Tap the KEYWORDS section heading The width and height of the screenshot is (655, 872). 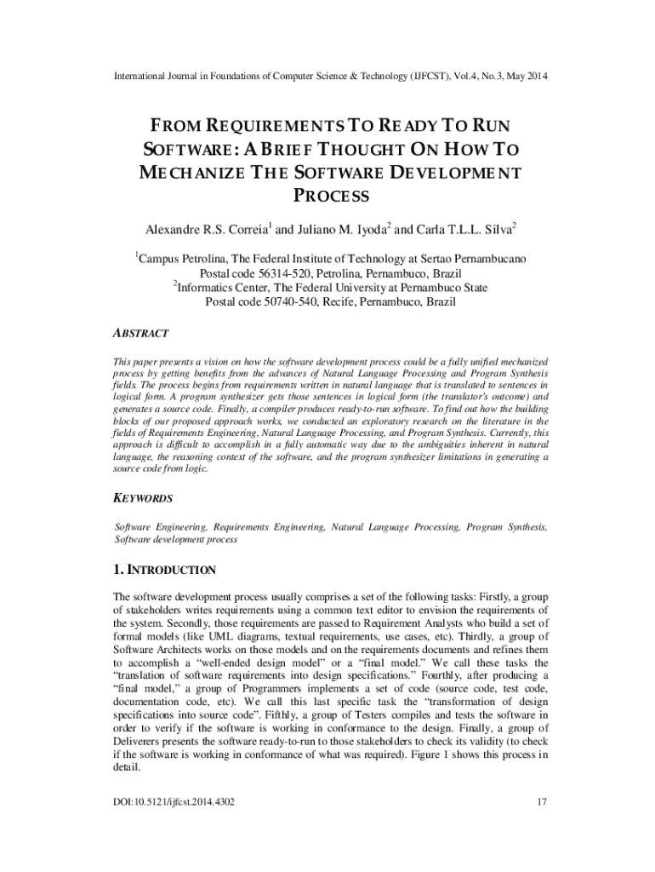click(x=143, y=498)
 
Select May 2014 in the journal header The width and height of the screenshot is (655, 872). click(x=527, y=77)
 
